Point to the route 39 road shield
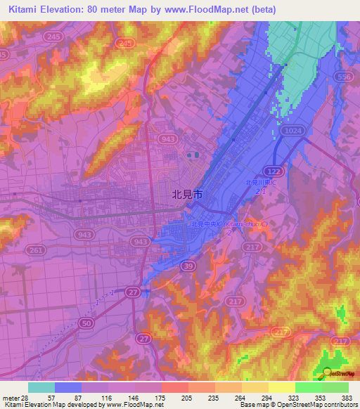click(188, 265)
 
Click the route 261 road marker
click(39, 250)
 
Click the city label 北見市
click(187, 197)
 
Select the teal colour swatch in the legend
click(41, 387)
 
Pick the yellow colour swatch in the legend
click(281, 387)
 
